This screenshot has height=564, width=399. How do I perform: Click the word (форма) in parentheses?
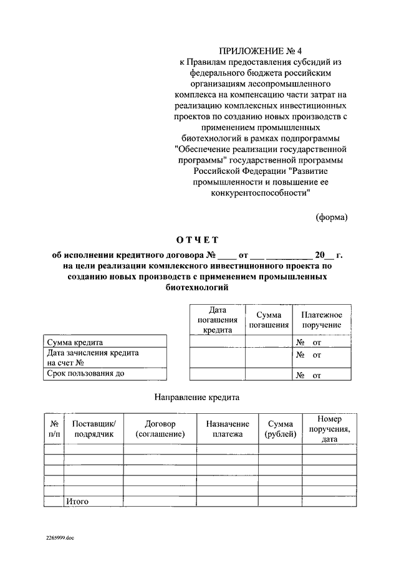pyautogui.click(x=331, y=217)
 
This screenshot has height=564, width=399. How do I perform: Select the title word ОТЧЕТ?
pyautogui.click(x=198, y=240)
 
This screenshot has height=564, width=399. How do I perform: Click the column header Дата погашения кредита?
pyautogui.click(x=217, y=320)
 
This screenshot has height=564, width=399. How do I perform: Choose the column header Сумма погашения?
pyautogui.click(x=269, y=320)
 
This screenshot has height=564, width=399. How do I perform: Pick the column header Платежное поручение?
pyautogui.click(x=322, y=320)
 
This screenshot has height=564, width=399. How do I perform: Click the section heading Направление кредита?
pyautogui.click(x=197, y=396)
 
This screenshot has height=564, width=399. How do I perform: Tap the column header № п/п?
pyautogui.click(x=54, y=429)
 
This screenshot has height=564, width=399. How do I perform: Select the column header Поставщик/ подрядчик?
pyautogui.click(x=94, y=429)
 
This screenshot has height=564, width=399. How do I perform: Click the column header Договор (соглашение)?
pyautogui.click(x=160, y=429)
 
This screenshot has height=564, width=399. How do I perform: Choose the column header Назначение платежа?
pyautogui.click(x=228, y=429)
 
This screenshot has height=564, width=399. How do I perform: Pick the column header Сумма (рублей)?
pyautogui.click(x=281, y=429)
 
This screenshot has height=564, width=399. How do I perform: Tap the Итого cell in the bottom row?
pyautogui.click(x=77, y=501)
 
